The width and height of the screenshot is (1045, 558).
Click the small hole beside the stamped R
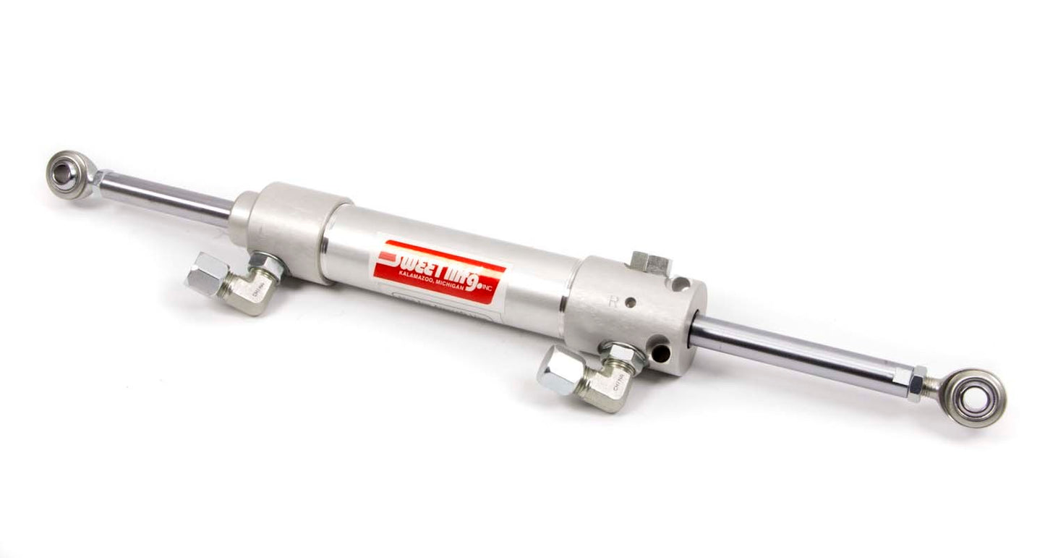pyautogui.click(x=631, y=303)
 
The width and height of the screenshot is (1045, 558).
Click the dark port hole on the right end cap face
pyautogui.click(x=659, y=353)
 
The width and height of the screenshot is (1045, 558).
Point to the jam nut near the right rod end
pyautogui.click(x=916, y=384)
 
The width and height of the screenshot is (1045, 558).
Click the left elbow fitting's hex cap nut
pyautogui.click(x=205, y=274)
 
